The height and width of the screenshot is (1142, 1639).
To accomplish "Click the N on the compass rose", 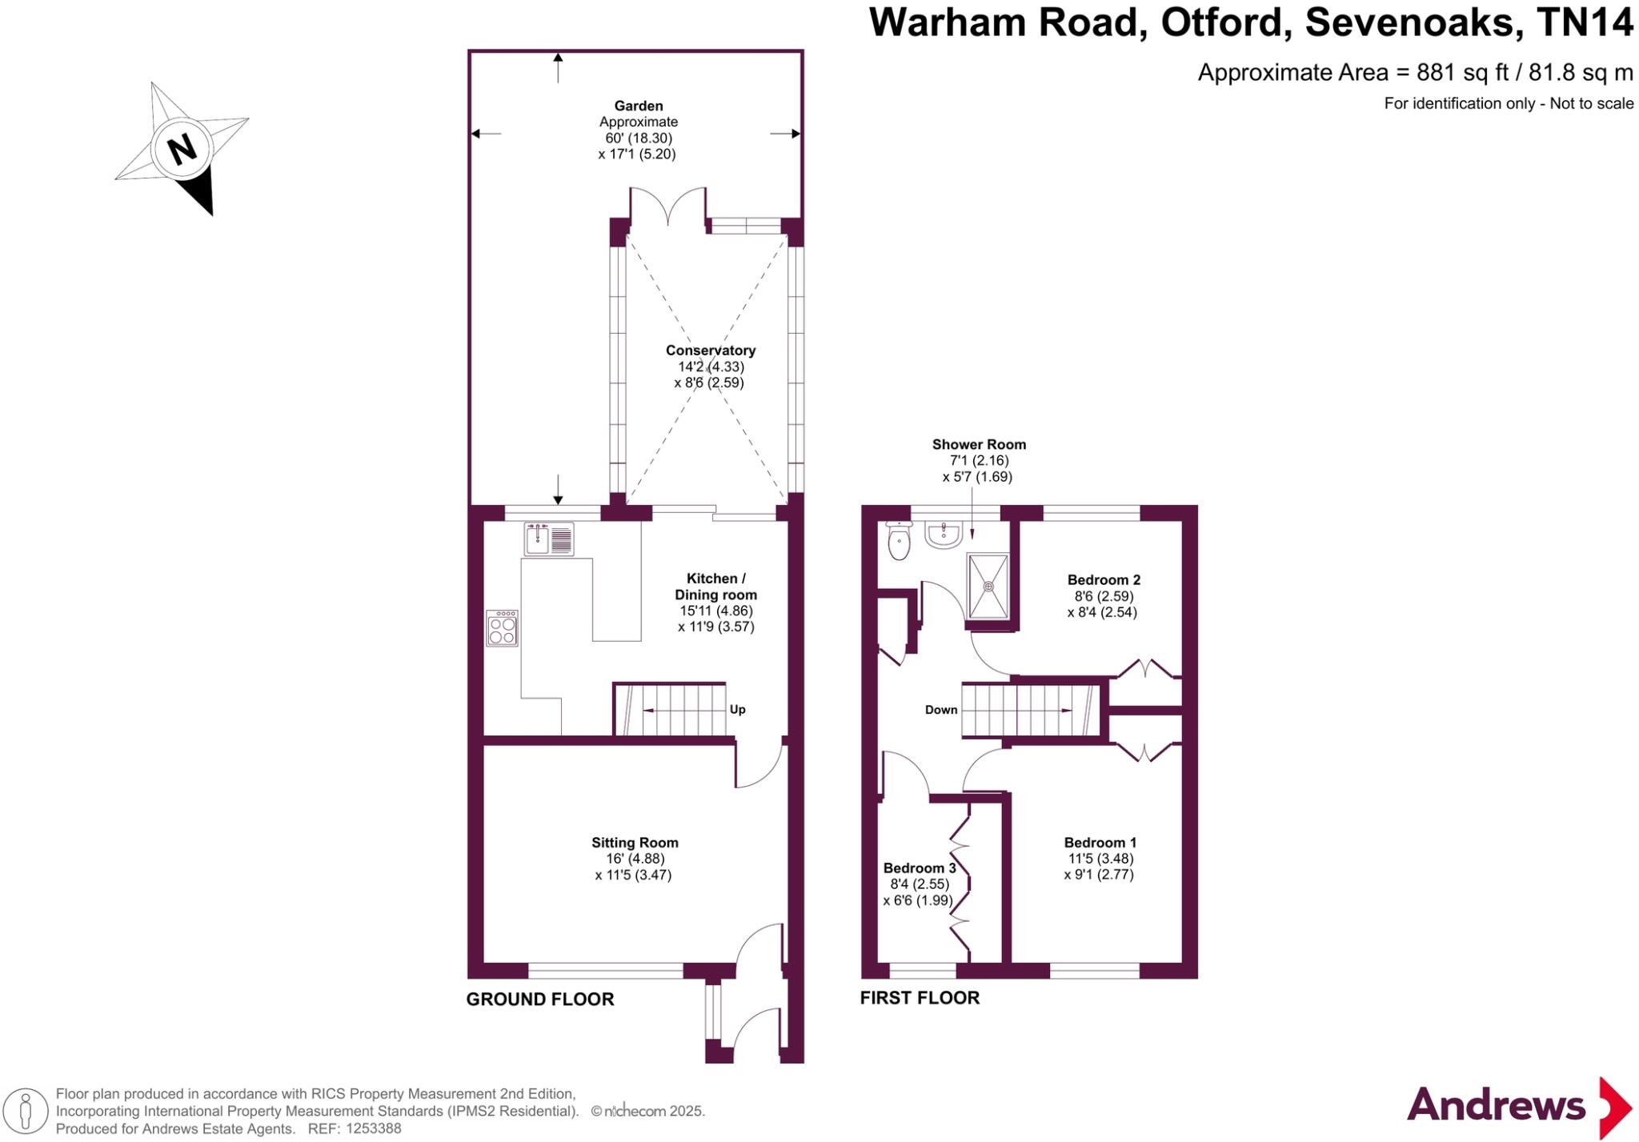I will pos(182,148).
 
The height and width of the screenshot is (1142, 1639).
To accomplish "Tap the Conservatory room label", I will pos(711,351).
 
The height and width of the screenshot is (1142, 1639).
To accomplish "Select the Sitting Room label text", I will pos(635,842).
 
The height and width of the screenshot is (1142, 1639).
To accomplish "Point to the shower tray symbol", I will pos(988,586).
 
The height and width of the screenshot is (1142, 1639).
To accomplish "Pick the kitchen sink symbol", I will pos(549,539).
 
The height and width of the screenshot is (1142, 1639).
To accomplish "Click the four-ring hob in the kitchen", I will pos(502,628).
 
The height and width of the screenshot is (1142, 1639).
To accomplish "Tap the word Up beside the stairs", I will pos(737,709).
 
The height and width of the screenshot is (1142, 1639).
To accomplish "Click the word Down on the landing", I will pos(941,709).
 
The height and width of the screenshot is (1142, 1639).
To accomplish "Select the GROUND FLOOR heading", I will pos(540,999).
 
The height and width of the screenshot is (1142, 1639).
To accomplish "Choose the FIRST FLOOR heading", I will pos(920,997).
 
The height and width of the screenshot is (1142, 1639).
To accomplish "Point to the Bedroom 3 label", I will pos(920,868).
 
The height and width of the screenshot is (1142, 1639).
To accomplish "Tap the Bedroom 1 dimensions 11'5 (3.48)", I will pos(1100,858).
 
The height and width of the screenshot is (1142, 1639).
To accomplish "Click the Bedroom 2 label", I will pos(1104,579).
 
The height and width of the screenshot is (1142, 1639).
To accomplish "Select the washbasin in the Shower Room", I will pos(944,534).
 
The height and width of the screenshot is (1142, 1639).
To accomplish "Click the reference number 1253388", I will pos(373,1128).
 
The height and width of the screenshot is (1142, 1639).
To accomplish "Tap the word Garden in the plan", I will pos(639,106).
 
